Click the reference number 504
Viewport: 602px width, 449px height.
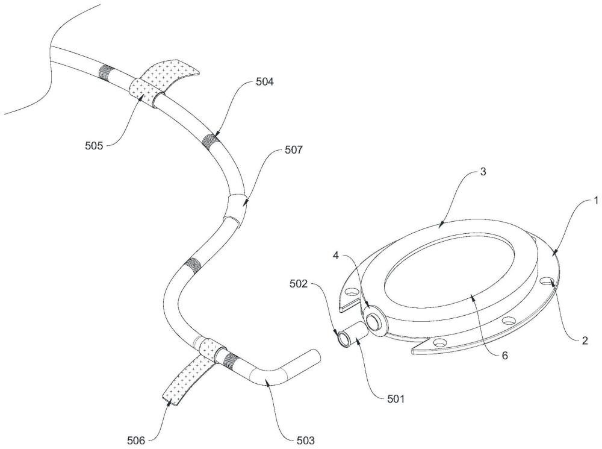264,82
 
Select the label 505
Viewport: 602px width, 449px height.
94,146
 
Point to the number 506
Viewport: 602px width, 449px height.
136,441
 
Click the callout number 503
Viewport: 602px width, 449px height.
305,441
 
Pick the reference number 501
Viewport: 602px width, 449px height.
396,398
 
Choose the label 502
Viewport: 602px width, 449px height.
299,284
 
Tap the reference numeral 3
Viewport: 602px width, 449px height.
483,171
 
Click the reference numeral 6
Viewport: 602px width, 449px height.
505,356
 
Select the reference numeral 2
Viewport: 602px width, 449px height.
585,341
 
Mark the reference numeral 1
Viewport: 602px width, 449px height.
596,200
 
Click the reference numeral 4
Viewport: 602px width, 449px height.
336,256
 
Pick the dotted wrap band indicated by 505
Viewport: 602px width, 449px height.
141,92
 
